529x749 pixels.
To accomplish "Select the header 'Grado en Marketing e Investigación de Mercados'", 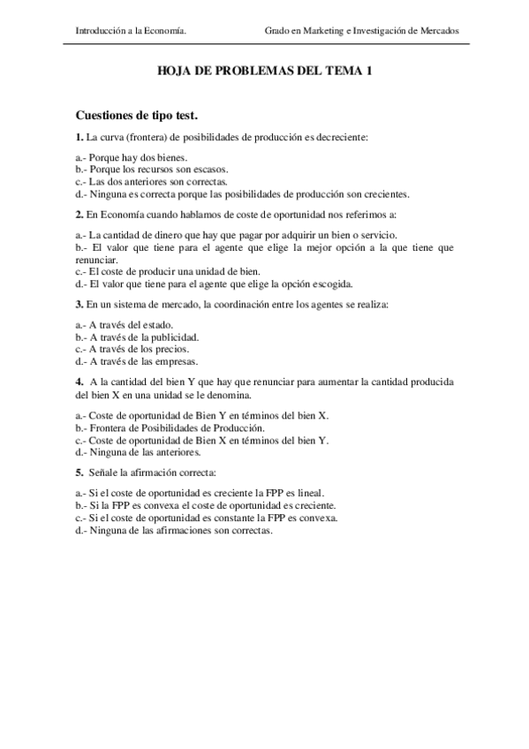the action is click(361, 30).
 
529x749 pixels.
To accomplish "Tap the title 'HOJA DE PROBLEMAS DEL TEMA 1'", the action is click(264, 76).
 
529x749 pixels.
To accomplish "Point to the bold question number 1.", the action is click(79, 137).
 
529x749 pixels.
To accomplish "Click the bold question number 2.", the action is click(79, 215).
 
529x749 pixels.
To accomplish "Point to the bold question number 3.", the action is click(79, 305).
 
